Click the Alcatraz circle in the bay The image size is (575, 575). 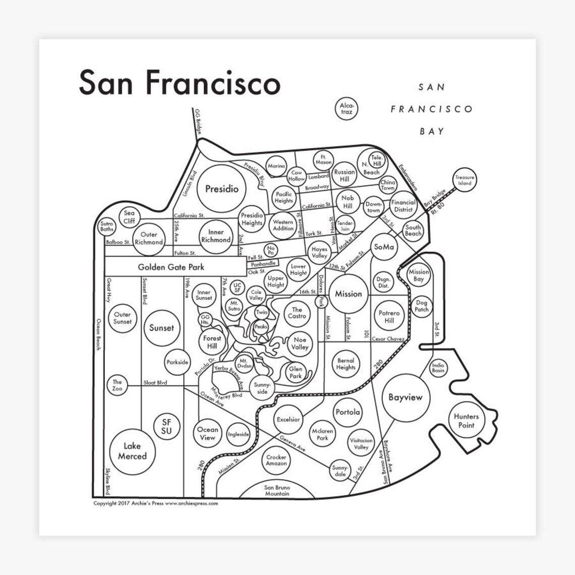click(x=347, y=108)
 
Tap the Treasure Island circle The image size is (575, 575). click(x=464, y=180)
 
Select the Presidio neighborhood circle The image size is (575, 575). click(x=222, y=189)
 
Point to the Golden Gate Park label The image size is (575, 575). click(x=171, y=267)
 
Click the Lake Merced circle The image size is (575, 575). click(x=132, y=451)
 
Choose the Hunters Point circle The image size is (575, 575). click(x=466, y=421)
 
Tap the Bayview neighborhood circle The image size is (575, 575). click(x=406, y=397)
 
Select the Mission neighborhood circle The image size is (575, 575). click(x=349, y=294)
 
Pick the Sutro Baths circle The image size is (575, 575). click(x=107, y=226)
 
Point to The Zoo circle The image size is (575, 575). click(x=117, y=386)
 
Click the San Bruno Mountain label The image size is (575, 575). click(x=277, y=490)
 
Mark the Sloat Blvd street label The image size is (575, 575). click(x=155, y=383)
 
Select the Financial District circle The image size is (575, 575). click(x=403, y=206)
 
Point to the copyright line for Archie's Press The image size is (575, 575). click(x=155, y=503)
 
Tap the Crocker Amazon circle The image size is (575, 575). click(x=276, y=460)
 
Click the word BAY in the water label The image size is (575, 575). click(x=432, y=131)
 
